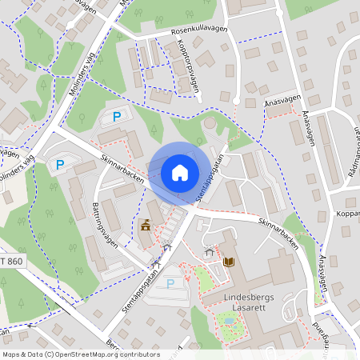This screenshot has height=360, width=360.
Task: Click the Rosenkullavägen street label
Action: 199,30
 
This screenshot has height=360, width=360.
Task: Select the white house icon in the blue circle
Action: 180,172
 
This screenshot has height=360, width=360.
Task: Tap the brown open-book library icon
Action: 229,262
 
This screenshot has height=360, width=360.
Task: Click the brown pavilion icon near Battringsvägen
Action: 146,226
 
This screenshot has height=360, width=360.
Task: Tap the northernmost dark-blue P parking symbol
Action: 117,117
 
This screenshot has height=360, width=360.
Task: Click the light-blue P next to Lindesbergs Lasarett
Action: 170,283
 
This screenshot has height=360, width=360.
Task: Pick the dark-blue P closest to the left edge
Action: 59,165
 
